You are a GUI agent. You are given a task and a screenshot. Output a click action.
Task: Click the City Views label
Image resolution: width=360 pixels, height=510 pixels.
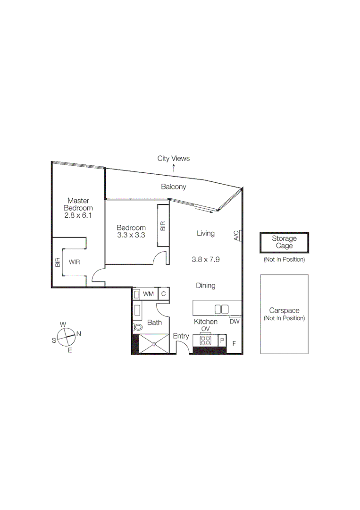click(x=174, y=159)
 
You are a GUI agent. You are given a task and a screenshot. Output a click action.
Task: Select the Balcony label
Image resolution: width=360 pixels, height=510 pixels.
click(x=174, y=187)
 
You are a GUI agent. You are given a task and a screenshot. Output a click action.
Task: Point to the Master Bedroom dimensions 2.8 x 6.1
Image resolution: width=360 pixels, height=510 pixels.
click(x=78, y=215)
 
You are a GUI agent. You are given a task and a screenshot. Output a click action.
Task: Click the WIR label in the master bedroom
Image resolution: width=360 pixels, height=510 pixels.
click(x=74, y=262)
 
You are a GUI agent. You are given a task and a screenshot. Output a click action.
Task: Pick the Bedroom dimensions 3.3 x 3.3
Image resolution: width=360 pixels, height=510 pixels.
click(x=131, y=234)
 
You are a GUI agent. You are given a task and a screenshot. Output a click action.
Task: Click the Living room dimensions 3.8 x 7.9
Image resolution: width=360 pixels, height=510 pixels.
click(x=206, y=259)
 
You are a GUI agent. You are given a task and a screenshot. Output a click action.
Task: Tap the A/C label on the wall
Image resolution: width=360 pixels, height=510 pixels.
click(x=236, y=236)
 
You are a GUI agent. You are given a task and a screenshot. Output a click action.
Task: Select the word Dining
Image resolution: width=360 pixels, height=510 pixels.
click(x=206, y=285)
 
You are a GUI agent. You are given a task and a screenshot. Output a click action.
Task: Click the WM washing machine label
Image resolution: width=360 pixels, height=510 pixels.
click(x=149, y=294)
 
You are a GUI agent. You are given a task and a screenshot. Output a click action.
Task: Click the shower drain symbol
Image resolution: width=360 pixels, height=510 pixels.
click(x=154, y=344)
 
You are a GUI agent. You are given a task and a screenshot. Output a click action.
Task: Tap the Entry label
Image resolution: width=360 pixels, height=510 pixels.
click(x=181, y=336)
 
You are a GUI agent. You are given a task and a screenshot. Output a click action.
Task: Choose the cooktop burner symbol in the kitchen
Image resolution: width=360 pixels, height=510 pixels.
click(x=206, y=340)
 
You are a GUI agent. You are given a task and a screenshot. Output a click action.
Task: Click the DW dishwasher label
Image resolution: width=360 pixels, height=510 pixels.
click(x=234, y=322)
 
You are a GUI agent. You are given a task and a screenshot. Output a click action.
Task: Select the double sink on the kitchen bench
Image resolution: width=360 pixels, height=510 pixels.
click(x=221, y=309)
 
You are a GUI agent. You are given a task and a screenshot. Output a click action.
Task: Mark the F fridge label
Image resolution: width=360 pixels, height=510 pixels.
click(x=234, y=343)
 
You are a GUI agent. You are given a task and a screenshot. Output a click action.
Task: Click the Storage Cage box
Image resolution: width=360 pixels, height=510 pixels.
click(x=285, y=243)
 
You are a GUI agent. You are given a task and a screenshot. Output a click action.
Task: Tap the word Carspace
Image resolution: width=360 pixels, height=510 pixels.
click(x=284, y=311)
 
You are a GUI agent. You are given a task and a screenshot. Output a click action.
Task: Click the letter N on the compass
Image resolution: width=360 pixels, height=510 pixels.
click(x=79, y=334)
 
